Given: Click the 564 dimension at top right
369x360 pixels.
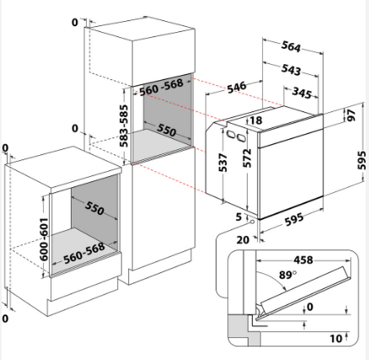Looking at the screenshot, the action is point(291,46).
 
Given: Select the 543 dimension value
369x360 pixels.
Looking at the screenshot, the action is point(291,70).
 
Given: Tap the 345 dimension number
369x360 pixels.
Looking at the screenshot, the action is point(302,93).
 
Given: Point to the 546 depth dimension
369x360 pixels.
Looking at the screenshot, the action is point(237,87).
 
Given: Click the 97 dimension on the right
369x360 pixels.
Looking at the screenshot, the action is point(351,115).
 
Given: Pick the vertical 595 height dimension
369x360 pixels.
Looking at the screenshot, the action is point(362,160).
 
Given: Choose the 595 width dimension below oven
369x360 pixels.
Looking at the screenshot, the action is point(294,219).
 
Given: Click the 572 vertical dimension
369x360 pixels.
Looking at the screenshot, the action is point(247,158).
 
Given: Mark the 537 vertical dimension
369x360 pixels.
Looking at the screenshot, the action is point(223,163).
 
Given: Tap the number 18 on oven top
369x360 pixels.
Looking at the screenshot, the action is point(256,121).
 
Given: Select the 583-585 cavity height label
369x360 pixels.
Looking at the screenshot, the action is point(124,126).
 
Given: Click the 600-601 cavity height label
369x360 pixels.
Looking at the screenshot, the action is point(44,239).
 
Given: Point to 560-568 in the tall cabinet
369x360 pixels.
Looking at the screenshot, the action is point(161,88).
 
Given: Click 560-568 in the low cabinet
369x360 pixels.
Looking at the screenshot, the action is point(84,254).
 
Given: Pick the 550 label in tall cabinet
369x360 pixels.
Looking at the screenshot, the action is point(167,130).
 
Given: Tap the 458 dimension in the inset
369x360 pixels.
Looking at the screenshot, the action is point(303,260).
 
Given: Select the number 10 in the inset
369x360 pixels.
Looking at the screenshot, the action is point(336,339).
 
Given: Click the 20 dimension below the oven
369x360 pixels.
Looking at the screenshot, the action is point(243,240).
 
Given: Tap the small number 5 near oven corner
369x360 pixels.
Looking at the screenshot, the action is point(238,217).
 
